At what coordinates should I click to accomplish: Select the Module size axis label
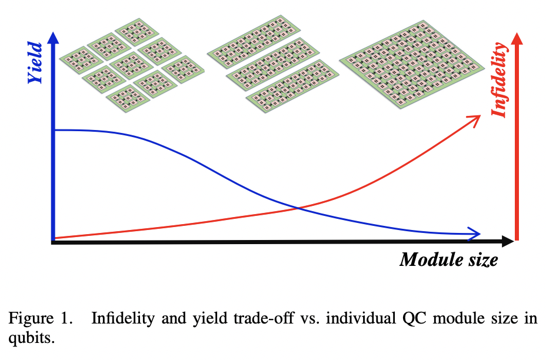[x=448, y=259]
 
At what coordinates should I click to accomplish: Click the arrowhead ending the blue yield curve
[x=475, y=234]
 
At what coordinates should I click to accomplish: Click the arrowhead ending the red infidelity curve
[x=475, y=120]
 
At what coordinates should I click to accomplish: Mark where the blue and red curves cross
[x=298, y=208]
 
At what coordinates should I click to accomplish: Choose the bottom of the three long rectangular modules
[x=288, y=88]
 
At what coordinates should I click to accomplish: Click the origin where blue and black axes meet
[x=54, y=240]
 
